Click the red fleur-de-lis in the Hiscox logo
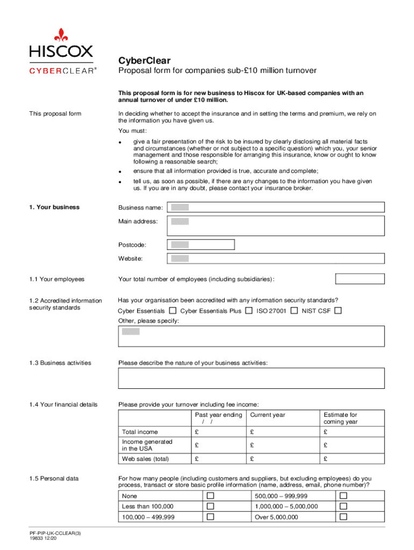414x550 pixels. pos(61,35)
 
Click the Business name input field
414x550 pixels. pos(276,207)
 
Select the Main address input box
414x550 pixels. pos(276,226)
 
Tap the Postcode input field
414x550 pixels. pos(201,245)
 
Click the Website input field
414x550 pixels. pos(276,258)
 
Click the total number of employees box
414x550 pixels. pos(360,279)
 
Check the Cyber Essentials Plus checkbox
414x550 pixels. pos(249,310)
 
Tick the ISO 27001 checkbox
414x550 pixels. pos(294,310)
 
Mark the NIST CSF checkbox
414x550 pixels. pos(338,310)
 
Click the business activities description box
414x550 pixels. pos(251,378)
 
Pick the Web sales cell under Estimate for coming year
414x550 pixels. pos(352,459)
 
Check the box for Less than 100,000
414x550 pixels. pos(211,506)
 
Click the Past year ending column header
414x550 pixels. pos(218,418)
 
